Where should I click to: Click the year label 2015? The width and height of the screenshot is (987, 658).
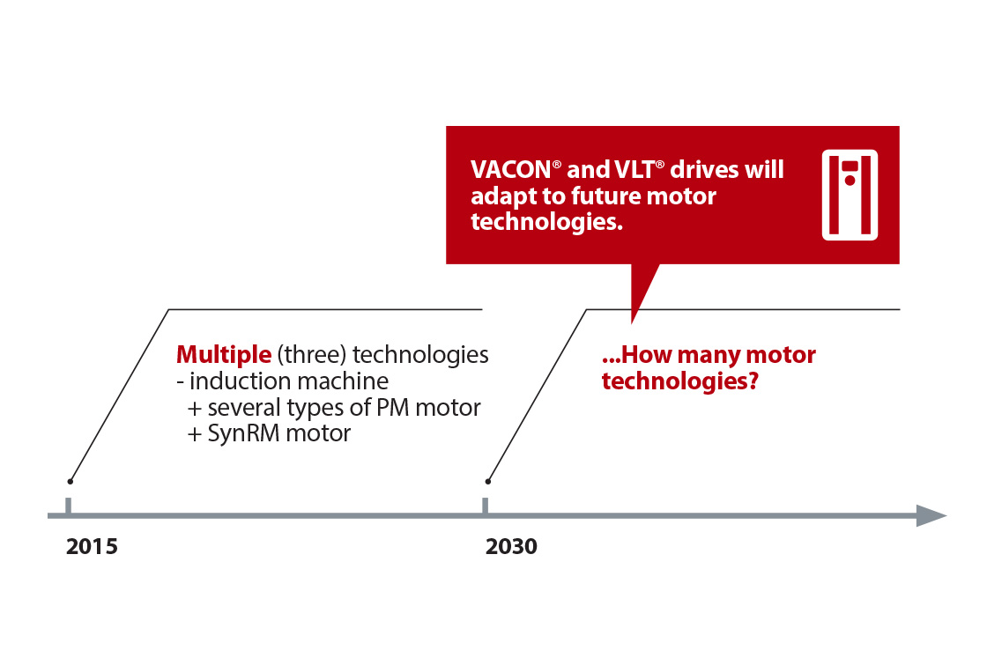pyautogui.click(x=92, y=546)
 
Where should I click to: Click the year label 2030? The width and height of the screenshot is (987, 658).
pyautogui.click(x=511, y=546)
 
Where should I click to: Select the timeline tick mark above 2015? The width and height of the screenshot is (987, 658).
pyautogui.click(x=69, y=506)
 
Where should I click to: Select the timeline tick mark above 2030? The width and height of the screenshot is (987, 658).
pyautogui.click(x=485, y=506)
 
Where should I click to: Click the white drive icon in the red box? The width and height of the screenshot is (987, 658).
pyautogui.click(x=850, y=195)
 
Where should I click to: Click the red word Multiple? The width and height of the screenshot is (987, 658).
pyautogui.click(x=224, y=355)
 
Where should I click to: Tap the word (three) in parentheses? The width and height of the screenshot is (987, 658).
pyautogui.click(x=305, y=355)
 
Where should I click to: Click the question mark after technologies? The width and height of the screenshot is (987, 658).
pyautogui.click(x=753, y=382)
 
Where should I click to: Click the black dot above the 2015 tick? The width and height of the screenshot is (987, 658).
pyautogui.click(x=70, y=481)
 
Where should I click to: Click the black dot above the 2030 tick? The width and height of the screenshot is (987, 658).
pyautogui.click(x=488, y=481)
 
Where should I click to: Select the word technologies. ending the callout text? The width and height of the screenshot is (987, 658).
pyautogui.click(x=546, y=221)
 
